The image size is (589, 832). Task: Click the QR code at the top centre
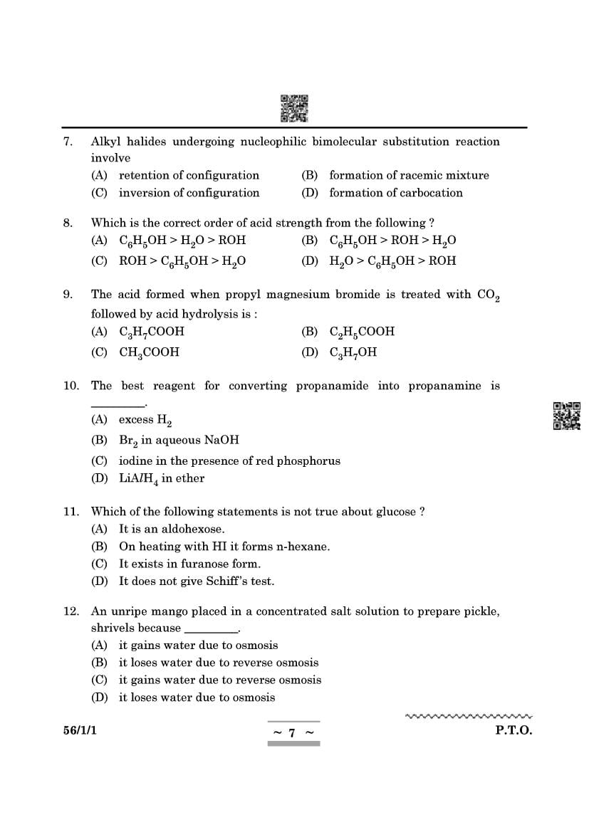(294, 108)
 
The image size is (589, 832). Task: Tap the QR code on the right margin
(567, 416)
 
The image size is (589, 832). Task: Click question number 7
(68, 142)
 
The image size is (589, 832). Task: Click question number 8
(68, 223)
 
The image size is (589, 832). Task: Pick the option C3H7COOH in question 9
(151, 332)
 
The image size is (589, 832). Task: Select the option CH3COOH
(149, 352)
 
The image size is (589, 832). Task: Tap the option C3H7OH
(353, 352)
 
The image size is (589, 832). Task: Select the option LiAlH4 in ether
(161, 479)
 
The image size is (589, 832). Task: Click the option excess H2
(145, 420)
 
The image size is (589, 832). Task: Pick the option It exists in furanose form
(189, 564)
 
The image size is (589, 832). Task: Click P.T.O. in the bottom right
(514, 730)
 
